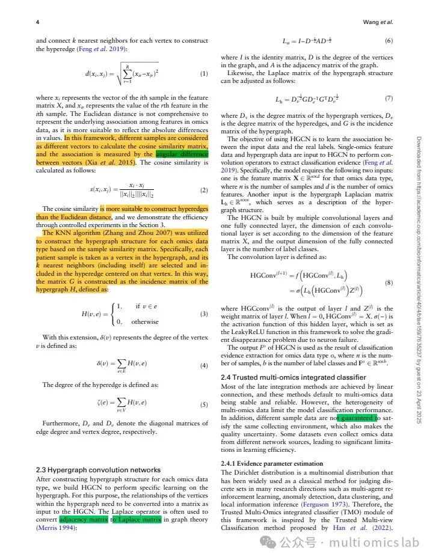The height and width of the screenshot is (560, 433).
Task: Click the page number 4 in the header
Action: [38, 22]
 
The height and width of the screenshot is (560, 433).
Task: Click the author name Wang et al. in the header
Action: [378, 22]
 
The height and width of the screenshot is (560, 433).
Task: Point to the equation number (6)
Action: [388, 40]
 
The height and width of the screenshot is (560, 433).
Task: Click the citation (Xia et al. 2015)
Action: [113, 162]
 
